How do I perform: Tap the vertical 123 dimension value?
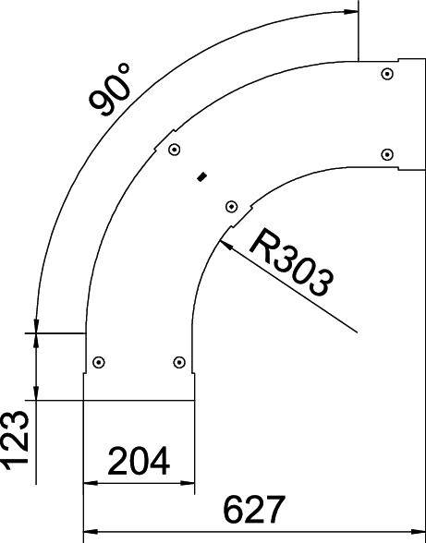[16, 441]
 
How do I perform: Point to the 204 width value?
[139, 460]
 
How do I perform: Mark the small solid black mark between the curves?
[202, 175]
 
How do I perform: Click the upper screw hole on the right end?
[386, 73]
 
